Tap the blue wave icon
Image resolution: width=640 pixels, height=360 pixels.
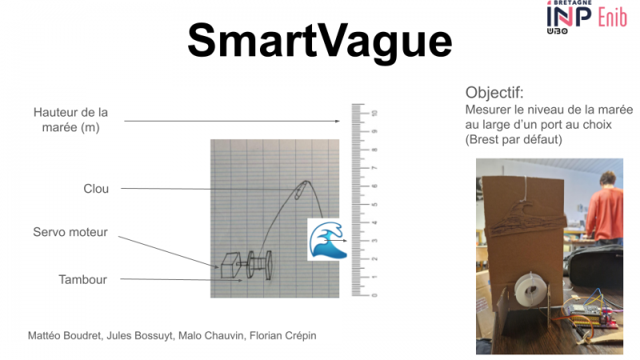(326, 239)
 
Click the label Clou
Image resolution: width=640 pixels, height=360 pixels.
(96, 189)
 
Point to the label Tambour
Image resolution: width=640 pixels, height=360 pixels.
(82, 279)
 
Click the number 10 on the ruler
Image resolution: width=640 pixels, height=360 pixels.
(374, 114)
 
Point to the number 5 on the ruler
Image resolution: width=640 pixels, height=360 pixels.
(374, 204)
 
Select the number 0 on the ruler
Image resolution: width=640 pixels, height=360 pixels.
(374, 294)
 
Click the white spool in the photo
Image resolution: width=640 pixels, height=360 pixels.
(529, 290)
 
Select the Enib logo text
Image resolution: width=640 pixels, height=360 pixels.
(612, 17)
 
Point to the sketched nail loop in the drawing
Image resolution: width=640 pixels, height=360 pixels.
(303, 188)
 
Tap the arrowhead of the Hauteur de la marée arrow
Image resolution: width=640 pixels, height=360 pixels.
(340, 122)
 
